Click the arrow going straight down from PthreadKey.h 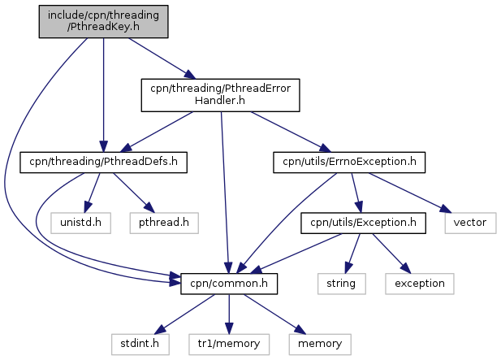103,89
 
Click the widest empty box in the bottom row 228,344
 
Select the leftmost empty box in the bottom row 140,344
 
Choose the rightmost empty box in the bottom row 320,344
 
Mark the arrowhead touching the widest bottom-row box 228,328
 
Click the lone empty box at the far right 470,223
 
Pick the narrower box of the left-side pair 80,223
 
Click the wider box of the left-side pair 164,223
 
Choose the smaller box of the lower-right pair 341,284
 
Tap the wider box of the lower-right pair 419,284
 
